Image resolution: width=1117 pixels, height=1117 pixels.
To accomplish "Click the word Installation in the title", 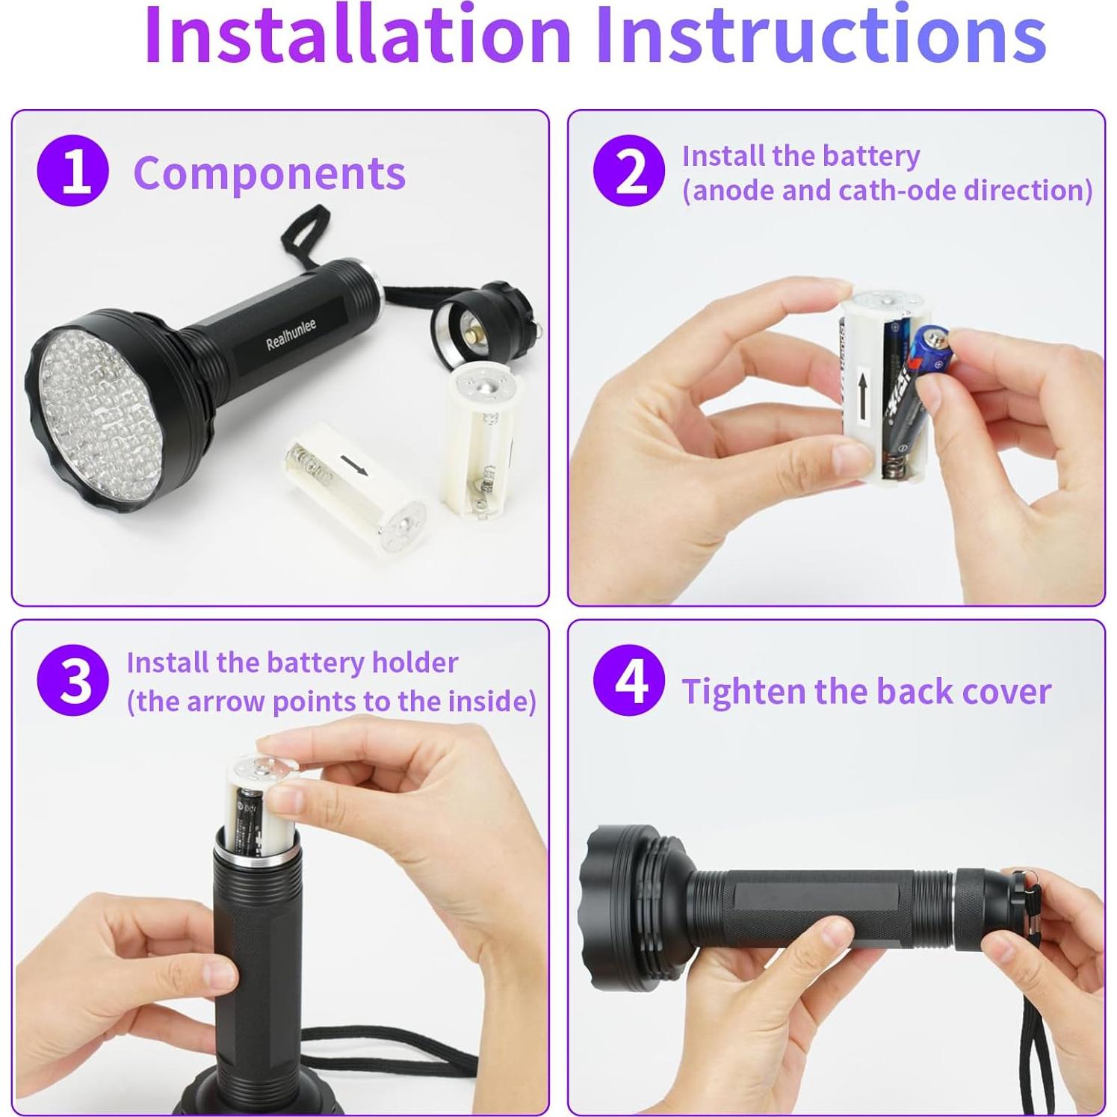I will (357, 35).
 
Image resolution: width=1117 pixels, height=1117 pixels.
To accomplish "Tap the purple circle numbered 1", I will (72, 171).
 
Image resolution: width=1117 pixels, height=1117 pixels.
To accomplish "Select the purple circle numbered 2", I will (629, 171).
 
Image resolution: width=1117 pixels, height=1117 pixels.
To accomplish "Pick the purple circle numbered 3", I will (72, 681).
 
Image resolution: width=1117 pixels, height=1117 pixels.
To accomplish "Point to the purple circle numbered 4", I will (629, 681).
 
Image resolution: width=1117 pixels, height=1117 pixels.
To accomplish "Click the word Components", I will (269, 173).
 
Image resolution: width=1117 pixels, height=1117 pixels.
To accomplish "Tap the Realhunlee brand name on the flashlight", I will (291, 334).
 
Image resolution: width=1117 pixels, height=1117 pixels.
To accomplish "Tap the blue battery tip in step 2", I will (932, 344).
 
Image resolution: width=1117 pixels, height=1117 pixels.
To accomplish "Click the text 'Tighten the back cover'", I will (865, 691).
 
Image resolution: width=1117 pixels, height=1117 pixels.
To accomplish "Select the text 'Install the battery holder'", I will (291, 662).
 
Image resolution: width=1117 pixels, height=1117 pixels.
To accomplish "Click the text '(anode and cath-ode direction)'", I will (887, 191).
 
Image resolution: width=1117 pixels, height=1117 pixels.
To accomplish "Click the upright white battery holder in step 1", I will (482, 441).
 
